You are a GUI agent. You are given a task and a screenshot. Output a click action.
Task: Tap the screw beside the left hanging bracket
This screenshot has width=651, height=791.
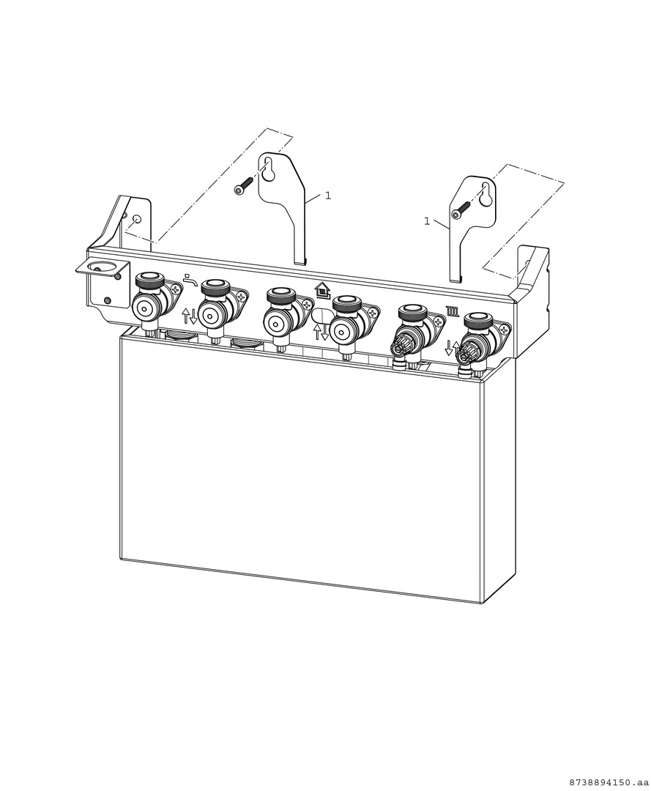coord(243,185)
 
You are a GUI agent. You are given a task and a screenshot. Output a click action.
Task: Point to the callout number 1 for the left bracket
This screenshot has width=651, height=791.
coord(328,196)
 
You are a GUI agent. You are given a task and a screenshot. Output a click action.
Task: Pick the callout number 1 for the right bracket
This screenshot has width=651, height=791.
coord(427,221)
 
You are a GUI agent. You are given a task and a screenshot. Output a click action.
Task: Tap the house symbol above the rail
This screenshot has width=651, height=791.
coord(321,291)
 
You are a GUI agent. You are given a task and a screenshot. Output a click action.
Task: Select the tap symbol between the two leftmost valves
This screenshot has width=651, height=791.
coord(190,278)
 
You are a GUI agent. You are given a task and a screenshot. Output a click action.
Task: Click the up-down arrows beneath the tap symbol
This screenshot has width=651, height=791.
coord(189,316)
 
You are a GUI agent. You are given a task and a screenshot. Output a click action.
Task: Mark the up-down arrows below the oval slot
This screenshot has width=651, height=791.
coord(321,332)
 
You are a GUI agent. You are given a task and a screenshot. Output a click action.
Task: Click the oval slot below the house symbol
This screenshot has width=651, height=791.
coord(321,315)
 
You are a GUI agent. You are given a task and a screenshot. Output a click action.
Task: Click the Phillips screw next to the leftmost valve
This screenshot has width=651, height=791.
coord(174,289)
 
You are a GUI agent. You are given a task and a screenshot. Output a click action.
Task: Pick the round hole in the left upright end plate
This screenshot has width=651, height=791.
coord(135,220)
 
